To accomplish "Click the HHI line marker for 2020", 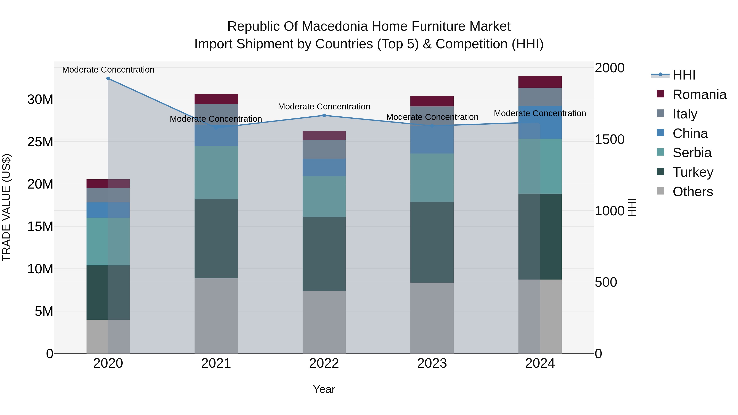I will tap(108, 78).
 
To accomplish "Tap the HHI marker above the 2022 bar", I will tap(324, 115).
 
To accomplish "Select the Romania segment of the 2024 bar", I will tap(540, 82).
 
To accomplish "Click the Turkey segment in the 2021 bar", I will tap(216, 239).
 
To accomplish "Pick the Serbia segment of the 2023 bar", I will tap(432, 177).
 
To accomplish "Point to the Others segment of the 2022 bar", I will tap(324, 322).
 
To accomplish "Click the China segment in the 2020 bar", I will tap(108, 210).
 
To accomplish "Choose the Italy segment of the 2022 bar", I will tap(324, 149).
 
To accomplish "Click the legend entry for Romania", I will tap(699, 94).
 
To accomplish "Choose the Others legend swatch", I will tap(660, 191).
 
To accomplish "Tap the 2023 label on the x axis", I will tap(432, 363).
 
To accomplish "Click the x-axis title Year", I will tap(324, 389).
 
